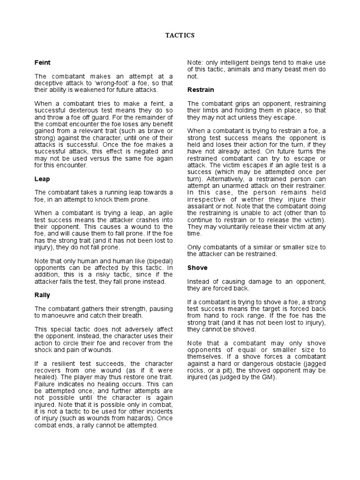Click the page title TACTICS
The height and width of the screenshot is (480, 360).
tap(180, 35)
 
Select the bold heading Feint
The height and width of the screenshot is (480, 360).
tap(43, 62)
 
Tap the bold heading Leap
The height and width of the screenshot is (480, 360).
tap(42, 179)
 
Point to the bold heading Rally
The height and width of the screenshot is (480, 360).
tap(42, 295)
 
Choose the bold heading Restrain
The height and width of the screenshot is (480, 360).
tap(200, 90)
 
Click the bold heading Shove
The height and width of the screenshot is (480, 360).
tap(197, 268)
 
